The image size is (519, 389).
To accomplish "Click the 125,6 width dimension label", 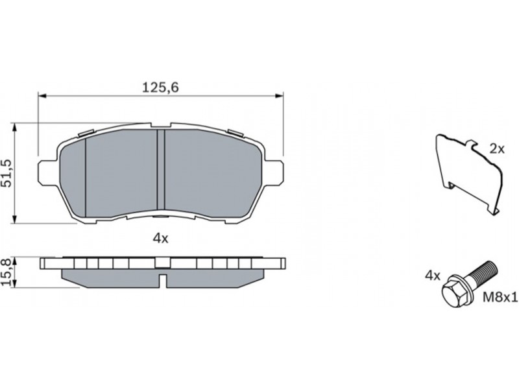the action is tap(160, 88).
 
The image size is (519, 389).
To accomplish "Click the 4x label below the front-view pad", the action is tap(160, 239).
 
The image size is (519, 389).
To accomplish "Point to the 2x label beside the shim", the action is tap(496, 149).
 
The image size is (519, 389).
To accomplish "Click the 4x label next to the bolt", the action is tap(433, 276).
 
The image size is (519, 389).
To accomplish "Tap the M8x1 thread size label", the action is tap(500, 298).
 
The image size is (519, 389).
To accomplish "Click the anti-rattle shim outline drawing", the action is tap(468, 173).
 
